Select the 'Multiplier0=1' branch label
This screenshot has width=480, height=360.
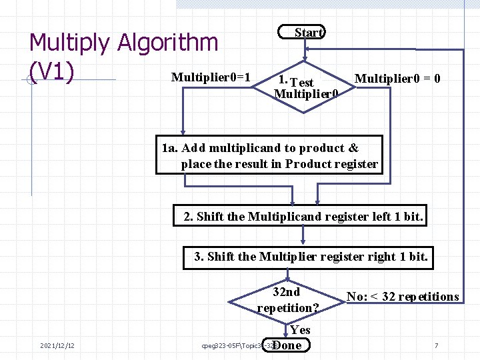(211, 77)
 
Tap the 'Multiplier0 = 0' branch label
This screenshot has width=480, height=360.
(397, 79)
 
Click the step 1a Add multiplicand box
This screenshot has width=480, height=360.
(270, 156)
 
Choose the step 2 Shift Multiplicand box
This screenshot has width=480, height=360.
(303, 217)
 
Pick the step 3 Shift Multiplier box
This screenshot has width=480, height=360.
(308, 257)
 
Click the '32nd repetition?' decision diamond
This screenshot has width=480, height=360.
(287, 300)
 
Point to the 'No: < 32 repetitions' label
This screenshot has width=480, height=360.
(403, 297)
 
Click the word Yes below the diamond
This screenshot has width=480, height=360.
(300, 329)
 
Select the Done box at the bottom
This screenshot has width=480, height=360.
(287, 345)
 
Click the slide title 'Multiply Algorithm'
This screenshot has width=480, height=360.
(124, 43)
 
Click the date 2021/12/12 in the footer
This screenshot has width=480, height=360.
(57, 345)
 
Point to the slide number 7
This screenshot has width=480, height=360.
(436, 345)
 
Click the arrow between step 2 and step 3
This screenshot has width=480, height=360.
(303, 236)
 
